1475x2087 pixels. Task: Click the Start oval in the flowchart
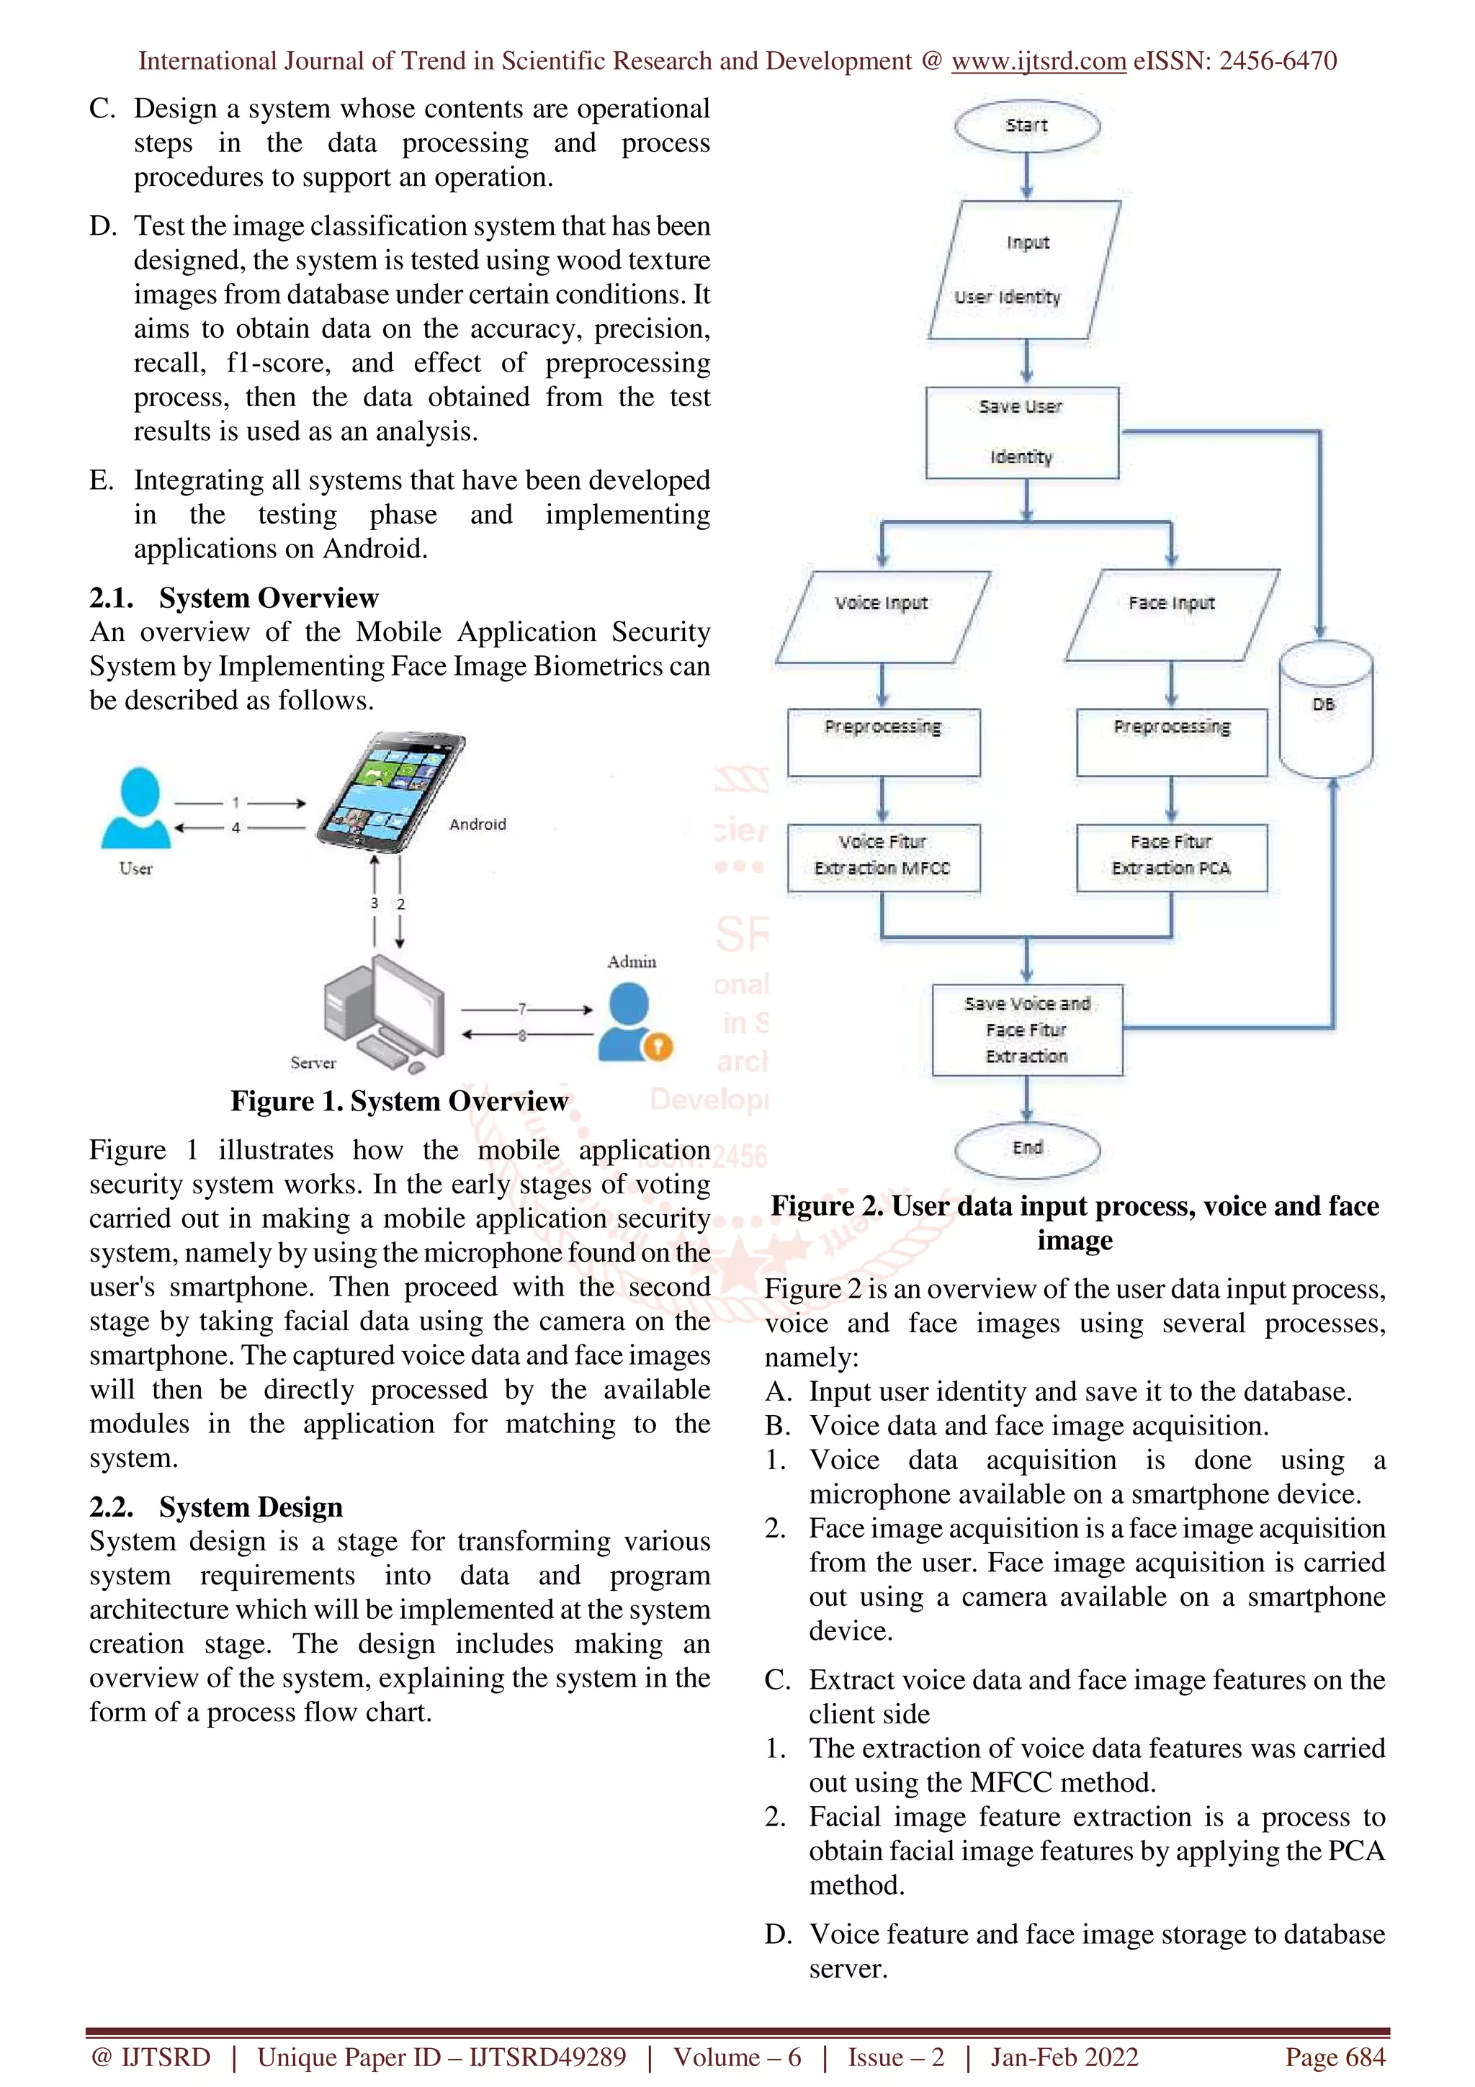(x=1027, y=126)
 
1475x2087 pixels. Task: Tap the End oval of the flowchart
(x=1027, y=1148)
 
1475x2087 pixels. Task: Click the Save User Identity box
(x=1021, y=433)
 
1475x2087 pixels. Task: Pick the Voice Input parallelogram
(x=882, y=616)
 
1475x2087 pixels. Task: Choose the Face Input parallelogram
(x=1172, y=616)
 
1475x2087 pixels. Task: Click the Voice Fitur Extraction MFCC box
(x=882, y=856)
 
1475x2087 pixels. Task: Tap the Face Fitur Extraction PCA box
(x=1172, y=856)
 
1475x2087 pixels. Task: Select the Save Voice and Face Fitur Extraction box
(x=1027, y=1030)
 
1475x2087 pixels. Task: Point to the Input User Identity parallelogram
(x=1024, y=270)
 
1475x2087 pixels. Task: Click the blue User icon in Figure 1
(x=136, y=808)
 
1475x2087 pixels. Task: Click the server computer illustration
(x=382, y=1013)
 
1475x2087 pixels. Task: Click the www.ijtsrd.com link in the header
(x=1038, y=61)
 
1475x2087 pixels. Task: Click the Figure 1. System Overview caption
(x=399, y=1101)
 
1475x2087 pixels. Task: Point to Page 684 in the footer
(x=1334, y=2056)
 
